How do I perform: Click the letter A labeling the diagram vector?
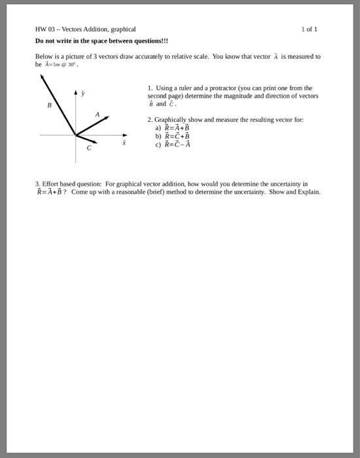pos(97,114)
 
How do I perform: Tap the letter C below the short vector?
pos(91,149)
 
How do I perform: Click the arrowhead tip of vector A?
pos(107,118)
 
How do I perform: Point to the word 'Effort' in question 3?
pos(51,185)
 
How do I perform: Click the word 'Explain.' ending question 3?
pos(308,192)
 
